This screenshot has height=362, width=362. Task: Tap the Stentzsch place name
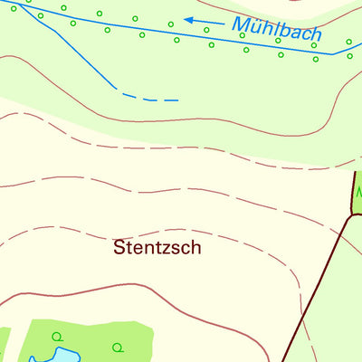tap(157, 246)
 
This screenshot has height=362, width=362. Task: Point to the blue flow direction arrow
tap(203, 21)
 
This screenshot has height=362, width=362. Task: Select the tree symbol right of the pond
tap(116, 347)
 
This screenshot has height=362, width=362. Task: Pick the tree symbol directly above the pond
tap(57, 337)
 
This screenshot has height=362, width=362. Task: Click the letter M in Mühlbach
tap(242, 25)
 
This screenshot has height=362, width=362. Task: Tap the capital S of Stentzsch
tap(120, 246)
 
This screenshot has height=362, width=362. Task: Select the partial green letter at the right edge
tap(358, 193)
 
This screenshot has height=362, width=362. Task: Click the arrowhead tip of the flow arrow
tap(186, 19)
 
